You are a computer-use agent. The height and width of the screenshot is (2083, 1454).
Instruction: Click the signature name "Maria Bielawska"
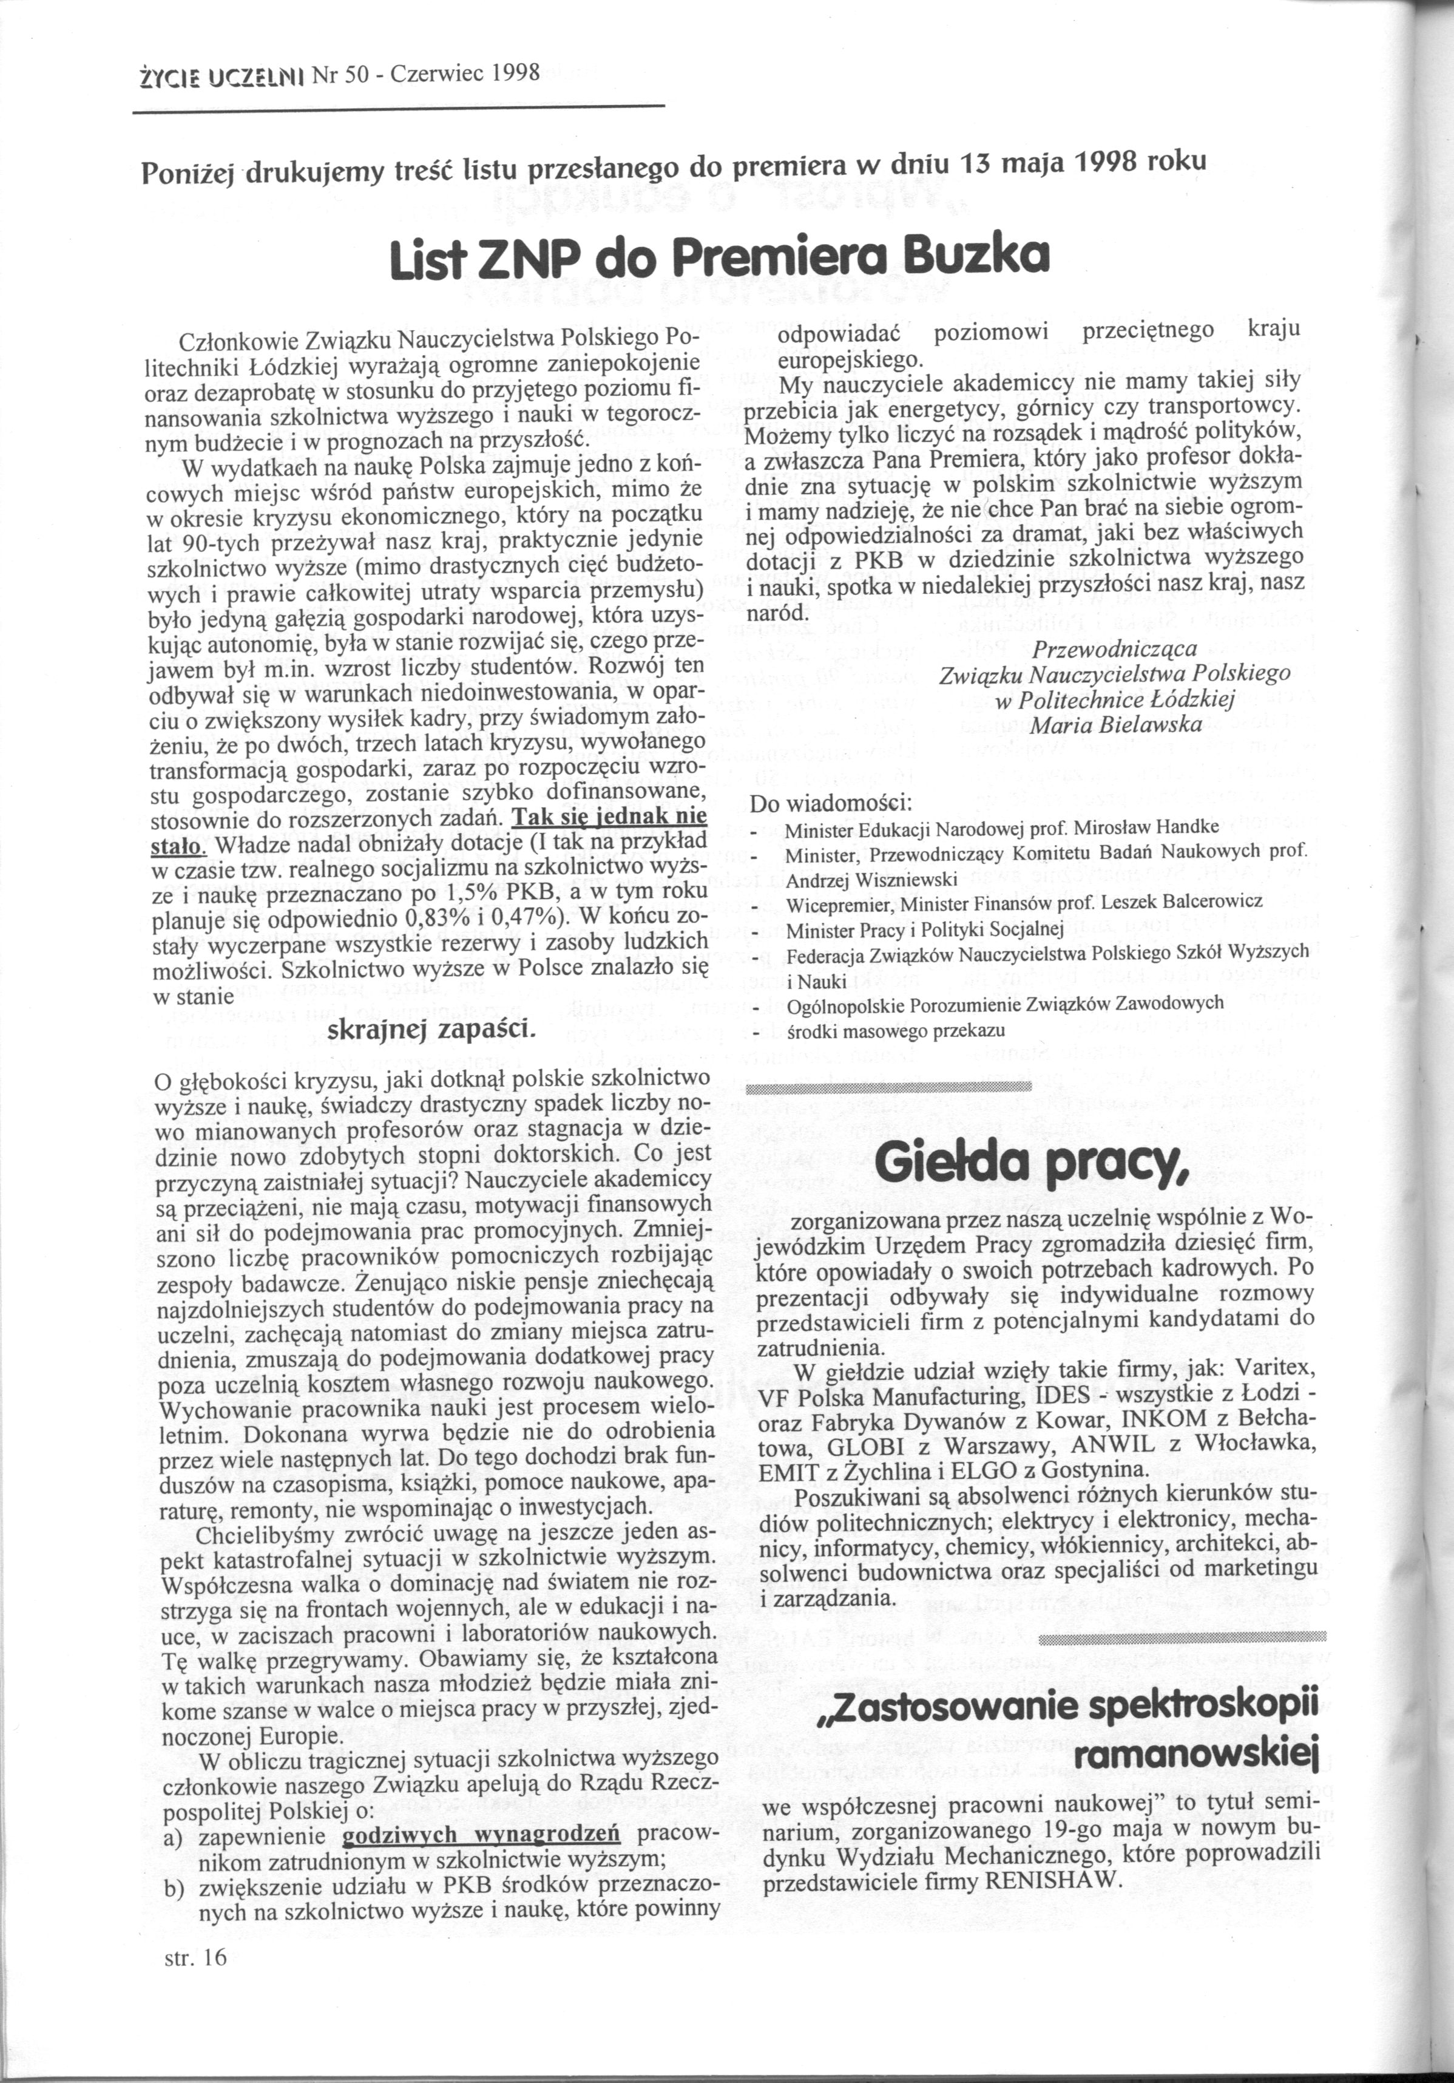[x=1115, y=725]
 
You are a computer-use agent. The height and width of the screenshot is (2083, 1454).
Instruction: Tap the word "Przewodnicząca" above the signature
[x=1115, y=650]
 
